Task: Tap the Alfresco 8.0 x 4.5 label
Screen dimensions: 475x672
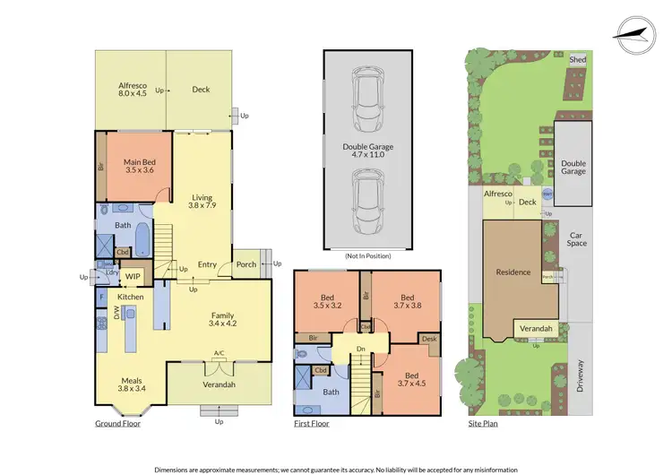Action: pyautogui.click(x=133, y=91)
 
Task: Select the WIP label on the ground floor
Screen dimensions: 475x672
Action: pyautogui.click(x=133, y=277)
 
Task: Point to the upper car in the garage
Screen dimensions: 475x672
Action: pyautogui.click(x=368, y=92)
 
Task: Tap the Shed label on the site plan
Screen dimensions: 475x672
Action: pyautogui.click(x=578, y=59)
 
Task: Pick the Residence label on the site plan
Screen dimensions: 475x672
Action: pyautogui.click(x=513, y=272)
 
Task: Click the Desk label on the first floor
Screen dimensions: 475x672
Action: pyautogui.click(x=428, y=339)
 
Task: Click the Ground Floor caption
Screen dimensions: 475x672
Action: pyautogui.click(x=118, y=424)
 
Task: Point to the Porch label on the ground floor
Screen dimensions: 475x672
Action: pyautogui.click(x=246, y=264)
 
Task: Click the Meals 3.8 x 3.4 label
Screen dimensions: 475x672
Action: pyautogui.click(x=131, y=385)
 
